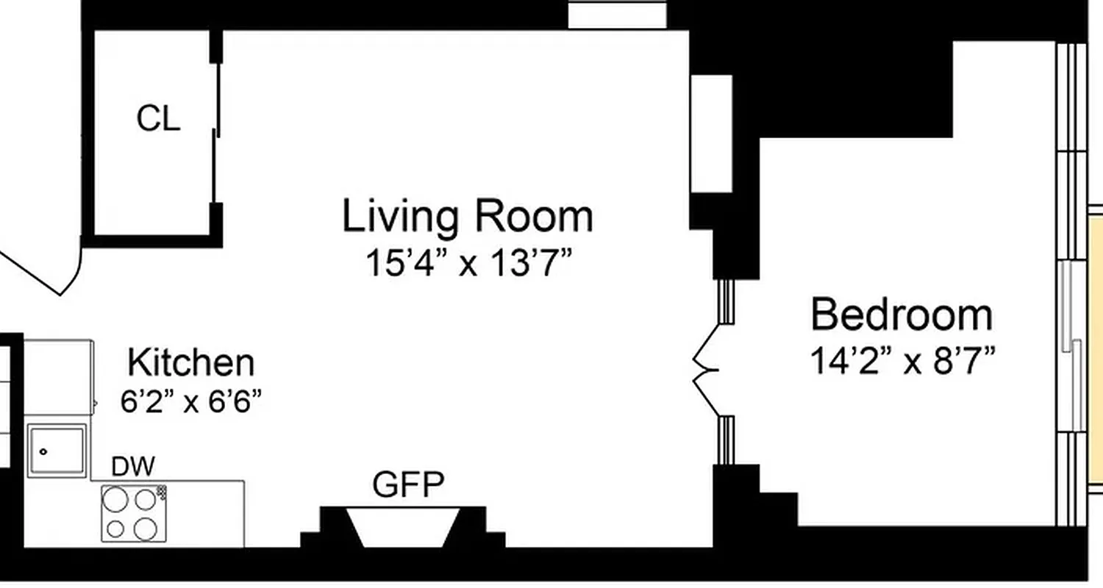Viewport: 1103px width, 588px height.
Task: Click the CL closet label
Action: [x=158, y=119]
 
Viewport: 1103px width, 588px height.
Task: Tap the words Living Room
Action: [x=468, y=217]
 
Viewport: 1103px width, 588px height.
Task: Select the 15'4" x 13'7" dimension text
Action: [x=468, y=264]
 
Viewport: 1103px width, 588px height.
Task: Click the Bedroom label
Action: [x=902, y=315]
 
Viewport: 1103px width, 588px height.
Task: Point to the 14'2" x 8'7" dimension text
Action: [x=902, y=361]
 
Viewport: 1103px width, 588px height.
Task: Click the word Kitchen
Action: [x=191, y=363]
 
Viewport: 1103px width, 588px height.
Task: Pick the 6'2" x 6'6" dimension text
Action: [x=191, y=402]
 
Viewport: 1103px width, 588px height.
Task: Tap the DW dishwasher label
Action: [x=133, y=467]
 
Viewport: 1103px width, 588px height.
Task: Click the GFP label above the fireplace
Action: [x=408, y=484]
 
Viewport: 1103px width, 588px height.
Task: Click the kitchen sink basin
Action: [x=57, y=451]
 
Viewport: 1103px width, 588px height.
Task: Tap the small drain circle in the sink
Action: [x=43, y=452]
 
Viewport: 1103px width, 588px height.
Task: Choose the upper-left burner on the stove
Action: [x=115, y=500]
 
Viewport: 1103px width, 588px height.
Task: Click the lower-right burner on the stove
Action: [x=146, y=528]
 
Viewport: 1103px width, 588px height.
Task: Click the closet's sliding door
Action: [x=216, y=132]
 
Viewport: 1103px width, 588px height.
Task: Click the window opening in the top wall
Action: [x=617, y=15]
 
